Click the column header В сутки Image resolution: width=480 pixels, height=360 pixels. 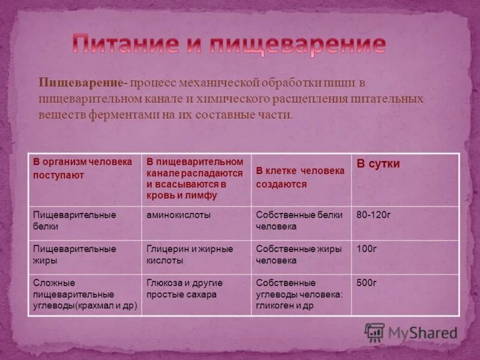(378, 164)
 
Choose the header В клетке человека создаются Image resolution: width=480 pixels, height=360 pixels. (300, 178)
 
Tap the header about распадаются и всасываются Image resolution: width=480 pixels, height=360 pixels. (195, 179)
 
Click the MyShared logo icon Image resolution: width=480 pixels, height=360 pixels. (374, 332)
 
